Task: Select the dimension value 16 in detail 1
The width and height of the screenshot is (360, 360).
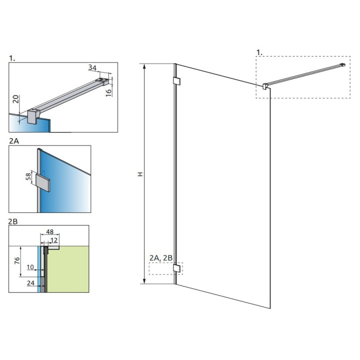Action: [x=109, y=93]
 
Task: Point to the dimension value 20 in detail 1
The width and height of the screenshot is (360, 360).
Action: [x=16, y=98]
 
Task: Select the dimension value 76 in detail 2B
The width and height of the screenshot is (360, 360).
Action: [x=16, y=261]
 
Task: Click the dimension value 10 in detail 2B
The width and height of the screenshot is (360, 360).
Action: [x=29, y=268]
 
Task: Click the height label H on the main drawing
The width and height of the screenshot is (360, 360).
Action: [x=140, y=174]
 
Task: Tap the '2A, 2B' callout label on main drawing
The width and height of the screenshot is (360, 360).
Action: [x=161, y=257]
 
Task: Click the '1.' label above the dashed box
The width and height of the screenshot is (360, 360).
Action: [x=259, y=51]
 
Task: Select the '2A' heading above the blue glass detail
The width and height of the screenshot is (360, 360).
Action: [x=14, y=141]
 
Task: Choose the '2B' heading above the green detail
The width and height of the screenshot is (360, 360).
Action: [x=14, y=220]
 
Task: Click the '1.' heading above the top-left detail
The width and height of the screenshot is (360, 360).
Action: [x=12, y=58]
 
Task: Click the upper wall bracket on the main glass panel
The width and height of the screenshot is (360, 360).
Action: [x=176, y=81]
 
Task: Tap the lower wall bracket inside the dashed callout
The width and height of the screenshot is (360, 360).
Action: [x=176, y=269]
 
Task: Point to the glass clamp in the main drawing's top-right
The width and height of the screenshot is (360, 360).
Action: [x=264, y=85]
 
